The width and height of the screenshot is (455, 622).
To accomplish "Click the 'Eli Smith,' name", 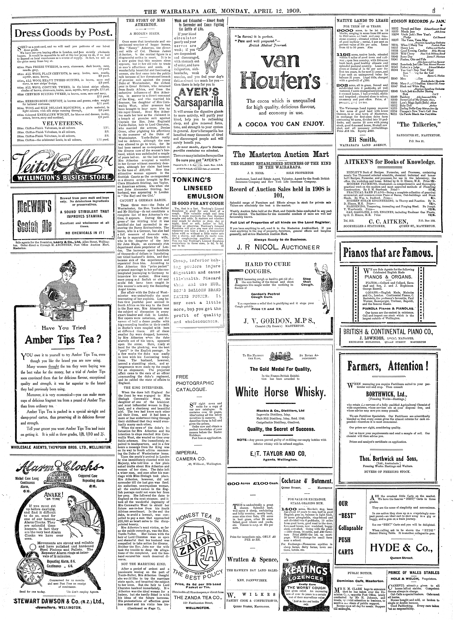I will click(x=362, y=139).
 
